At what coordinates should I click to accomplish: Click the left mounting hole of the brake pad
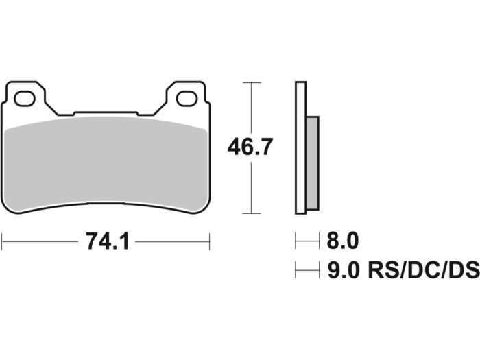(24, 99)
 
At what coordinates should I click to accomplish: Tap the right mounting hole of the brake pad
(187, 99)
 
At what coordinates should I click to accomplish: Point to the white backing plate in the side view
(300, 147)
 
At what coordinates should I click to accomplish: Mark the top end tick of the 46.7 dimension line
(253, 82)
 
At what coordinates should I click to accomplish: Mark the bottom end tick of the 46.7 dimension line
(253, 213)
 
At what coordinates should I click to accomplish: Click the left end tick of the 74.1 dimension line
(2, 241)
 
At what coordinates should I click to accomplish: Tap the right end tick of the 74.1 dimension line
(209, 241)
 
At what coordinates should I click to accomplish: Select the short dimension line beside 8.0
(307, 241)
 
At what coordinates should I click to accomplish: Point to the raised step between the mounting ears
(106, 112)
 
